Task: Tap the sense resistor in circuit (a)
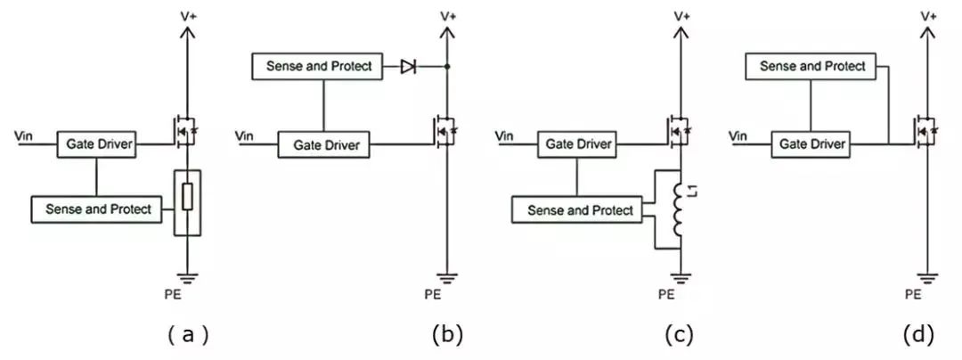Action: point(186,198)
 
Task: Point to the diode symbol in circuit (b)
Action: point(408,66)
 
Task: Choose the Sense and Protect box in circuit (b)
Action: point(318,66)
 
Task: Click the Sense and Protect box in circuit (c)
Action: point(580,210)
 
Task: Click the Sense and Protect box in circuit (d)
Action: point(811,66)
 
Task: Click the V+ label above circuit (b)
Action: point(448,15)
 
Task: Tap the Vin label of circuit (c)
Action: point(503,135)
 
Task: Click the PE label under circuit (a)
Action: point(187,292)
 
